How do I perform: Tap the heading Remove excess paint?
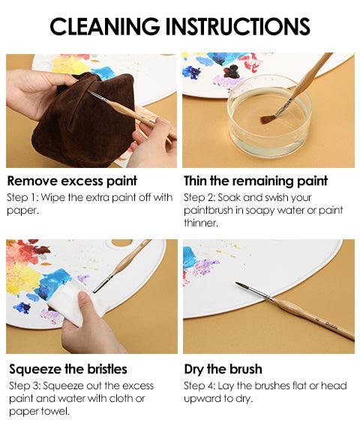[x=72, y=181]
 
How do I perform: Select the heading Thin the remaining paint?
[x=256, y=181]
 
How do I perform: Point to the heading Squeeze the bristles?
[x=68, y=369]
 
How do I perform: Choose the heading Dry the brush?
[x=223, y=369]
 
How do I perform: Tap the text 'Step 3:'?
[x=25, y=385]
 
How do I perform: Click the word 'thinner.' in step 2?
[x=201, y=223]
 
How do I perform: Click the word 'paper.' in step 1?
[x=22, y=210]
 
